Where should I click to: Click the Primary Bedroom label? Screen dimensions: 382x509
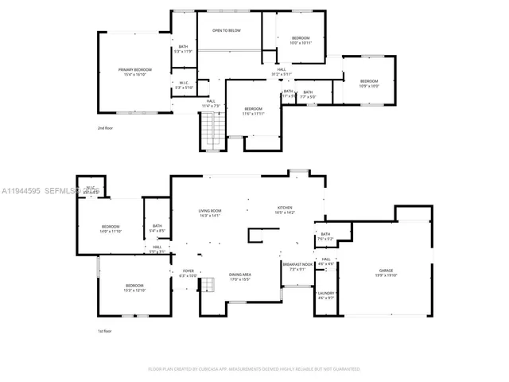tap(135, 72)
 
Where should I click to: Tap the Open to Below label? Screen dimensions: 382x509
tap(226, 30)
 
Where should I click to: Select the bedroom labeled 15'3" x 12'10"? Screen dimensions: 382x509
tap(134, 287)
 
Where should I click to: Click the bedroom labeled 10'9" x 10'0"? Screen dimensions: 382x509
tap(369, 83)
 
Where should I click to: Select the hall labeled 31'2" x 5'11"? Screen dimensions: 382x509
tap(282, 72)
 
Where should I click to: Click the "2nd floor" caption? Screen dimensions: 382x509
tap(106, 128)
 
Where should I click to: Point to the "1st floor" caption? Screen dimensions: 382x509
tap(106, 331)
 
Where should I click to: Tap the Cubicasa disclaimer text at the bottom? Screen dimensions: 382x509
tap(254, 369)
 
